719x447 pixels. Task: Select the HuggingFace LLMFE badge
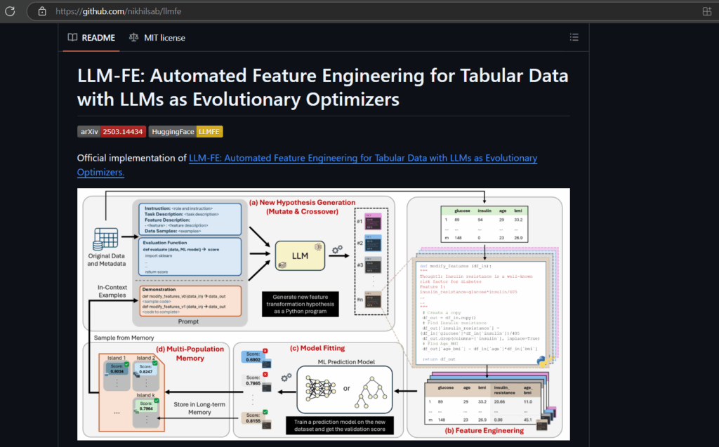coord(185,131)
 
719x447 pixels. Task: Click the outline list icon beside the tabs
coord(574,37)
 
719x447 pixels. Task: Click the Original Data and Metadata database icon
coord(105,238)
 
